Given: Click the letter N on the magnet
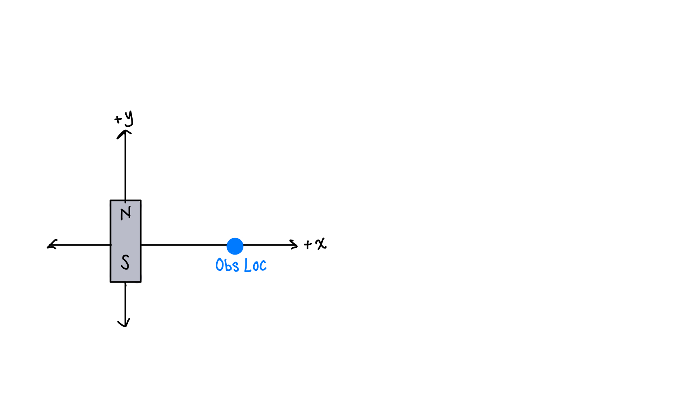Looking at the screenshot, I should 126,213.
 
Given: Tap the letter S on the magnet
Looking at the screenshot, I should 125,262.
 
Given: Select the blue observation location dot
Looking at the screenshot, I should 235,246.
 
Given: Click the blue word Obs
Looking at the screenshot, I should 227,265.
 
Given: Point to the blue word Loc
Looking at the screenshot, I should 255,266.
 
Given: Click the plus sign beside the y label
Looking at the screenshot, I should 118,119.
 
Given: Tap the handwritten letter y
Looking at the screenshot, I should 129,118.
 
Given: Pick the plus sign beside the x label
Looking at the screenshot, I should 308,244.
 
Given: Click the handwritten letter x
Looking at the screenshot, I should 321,244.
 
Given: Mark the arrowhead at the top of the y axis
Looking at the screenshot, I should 125,132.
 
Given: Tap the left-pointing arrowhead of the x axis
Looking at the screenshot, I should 51,245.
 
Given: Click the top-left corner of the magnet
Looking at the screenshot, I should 111,201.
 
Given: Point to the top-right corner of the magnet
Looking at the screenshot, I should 141,201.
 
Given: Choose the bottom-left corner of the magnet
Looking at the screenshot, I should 111,281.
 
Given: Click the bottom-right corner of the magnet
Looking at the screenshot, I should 141,281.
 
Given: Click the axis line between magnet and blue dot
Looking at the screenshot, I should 183,245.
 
